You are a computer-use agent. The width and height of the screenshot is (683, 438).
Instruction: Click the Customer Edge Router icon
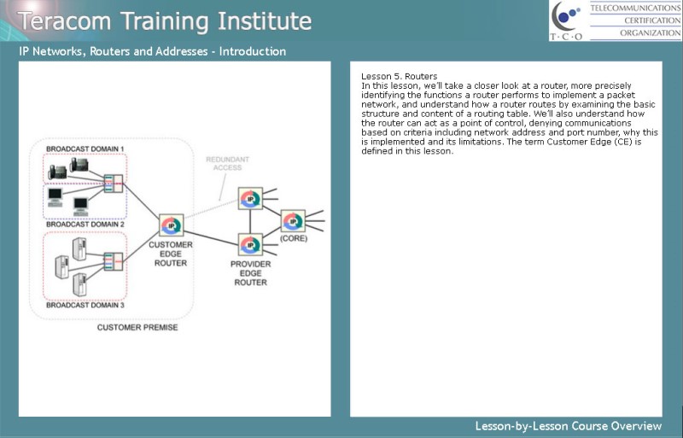(x=172, y=225)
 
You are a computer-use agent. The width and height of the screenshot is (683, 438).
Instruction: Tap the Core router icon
(x=293, y=221)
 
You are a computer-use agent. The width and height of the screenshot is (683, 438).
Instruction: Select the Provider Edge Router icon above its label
(x=250, y=244)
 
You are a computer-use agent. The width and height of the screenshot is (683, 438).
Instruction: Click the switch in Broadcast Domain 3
(x=114, y=261)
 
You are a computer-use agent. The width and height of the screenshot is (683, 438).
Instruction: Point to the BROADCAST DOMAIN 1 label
(x=85, y=149)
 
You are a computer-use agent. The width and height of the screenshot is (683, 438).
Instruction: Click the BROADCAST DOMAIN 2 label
(x=85, y=225)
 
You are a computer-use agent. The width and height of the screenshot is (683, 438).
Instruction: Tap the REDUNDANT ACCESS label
(x=227, y=163)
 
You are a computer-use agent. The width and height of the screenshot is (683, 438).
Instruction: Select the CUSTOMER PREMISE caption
(x=137, y=328)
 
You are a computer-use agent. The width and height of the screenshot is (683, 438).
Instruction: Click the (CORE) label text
(x=294, y=238)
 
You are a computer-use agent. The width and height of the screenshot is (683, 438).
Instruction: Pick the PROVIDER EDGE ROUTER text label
(x=250, y=273)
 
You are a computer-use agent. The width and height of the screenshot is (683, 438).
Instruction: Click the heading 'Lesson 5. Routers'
(x=399, y=77)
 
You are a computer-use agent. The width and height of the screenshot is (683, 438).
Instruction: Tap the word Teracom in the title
(x=65, y=21)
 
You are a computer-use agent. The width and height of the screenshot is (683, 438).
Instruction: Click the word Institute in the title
(x=265, y=21)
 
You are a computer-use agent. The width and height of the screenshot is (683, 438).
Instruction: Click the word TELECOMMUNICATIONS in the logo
(x=635, y=9)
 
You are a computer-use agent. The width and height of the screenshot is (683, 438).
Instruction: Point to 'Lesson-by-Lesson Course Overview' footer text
(x=569, y=426)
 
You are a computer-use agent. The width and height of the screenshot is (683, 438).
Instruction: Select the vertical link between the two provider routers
(x=250, y=221)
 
